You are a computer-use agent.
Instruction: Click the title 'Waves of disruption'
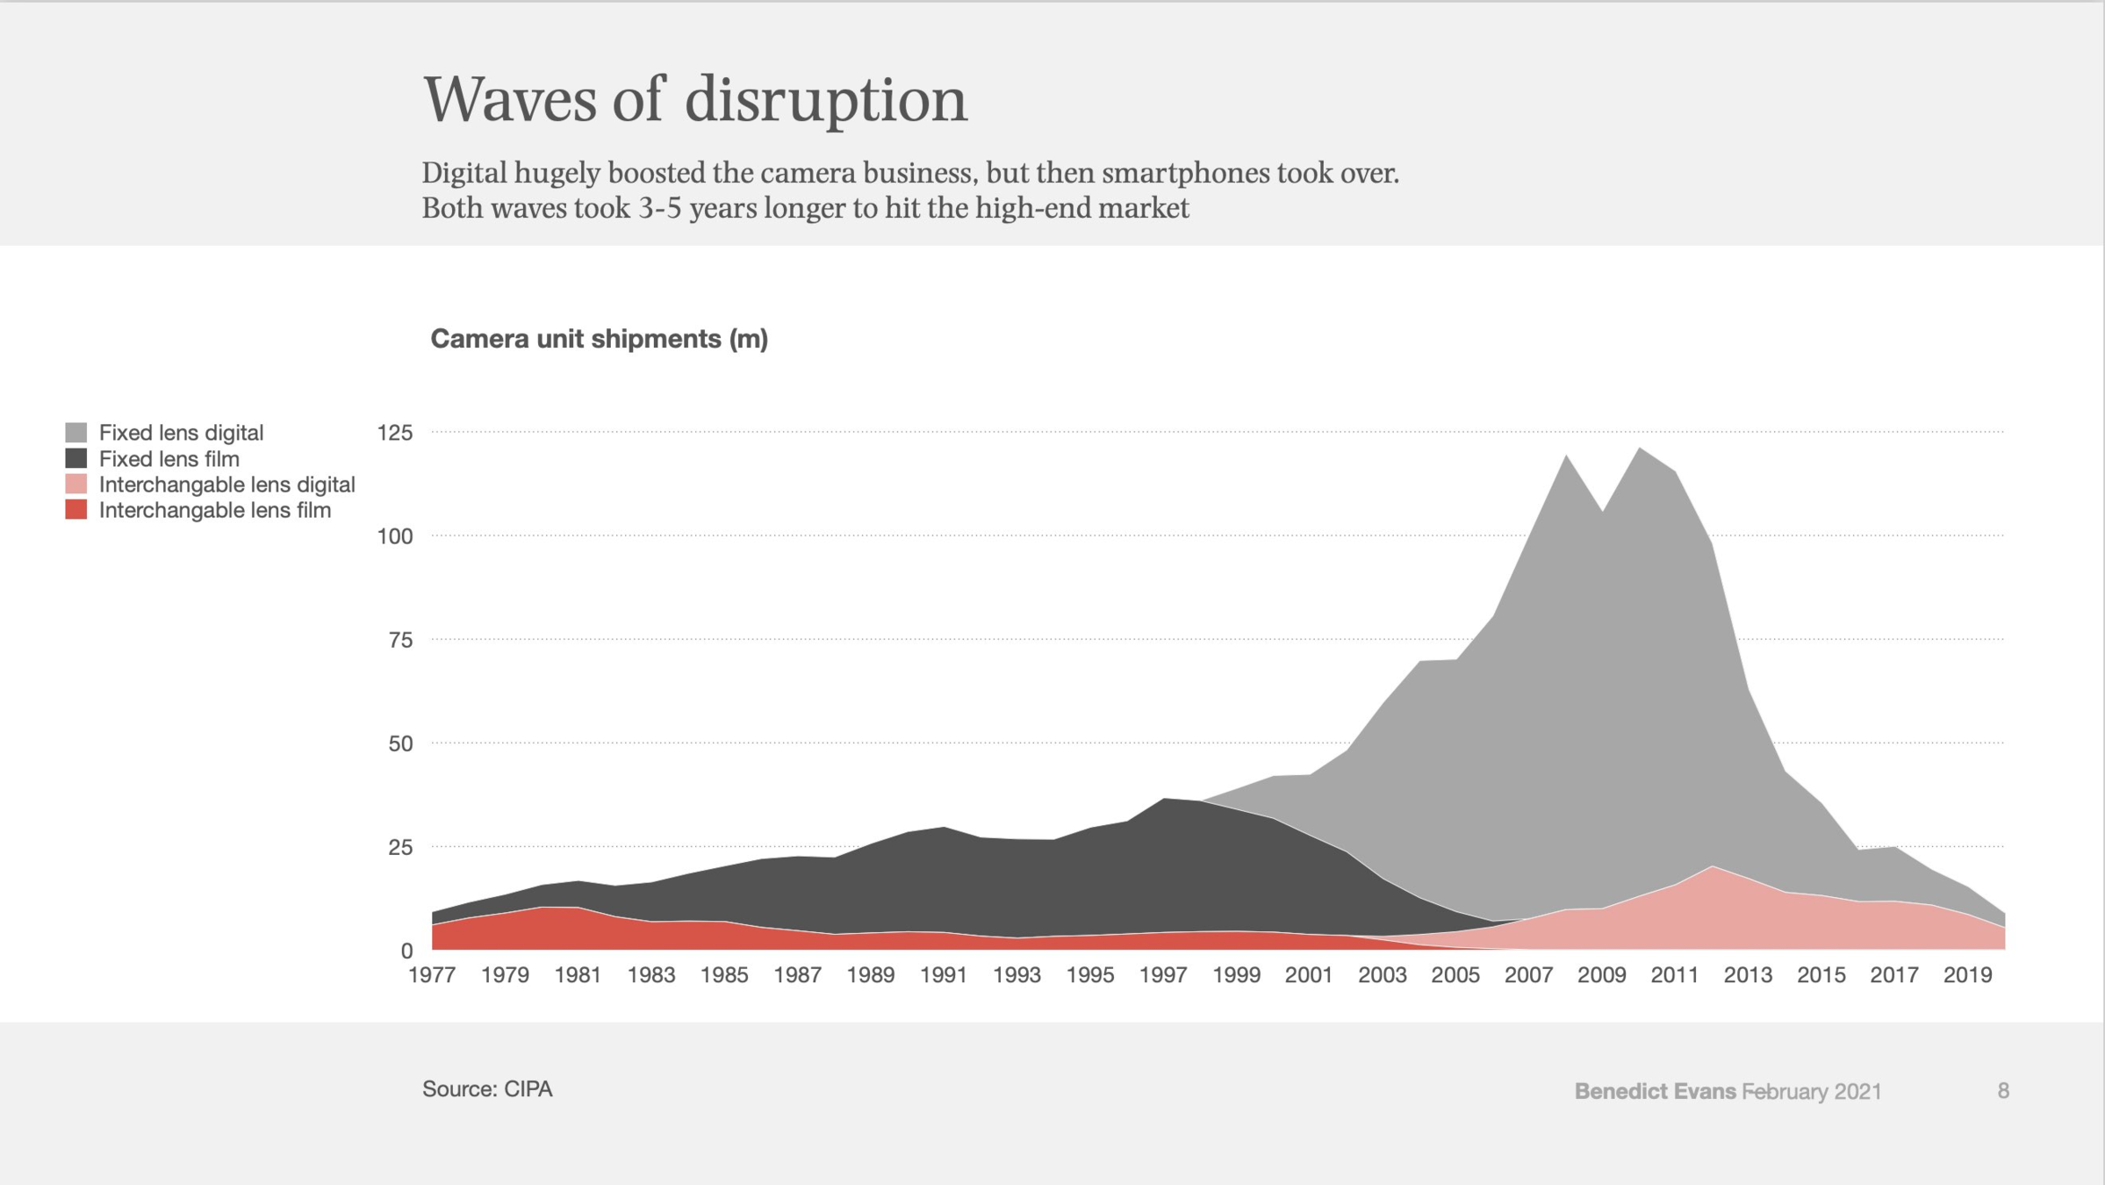(x=694, y=100)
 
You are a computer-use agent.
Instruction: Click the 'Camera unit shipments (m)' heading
(x=599, y=339)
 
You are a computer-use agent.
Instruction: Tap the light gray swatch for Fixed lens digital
(x=76, y=433)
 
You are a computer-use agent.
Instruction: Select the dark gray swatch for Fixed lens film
(x=76, y=458)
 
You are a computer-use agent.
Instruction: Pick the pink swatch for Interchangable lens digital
(x=76, y=485)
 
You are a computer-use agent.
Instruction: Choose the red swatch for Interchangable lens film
(x=76, y=510)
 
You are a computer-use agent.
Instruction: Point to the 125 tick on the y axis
(x=394, y=433)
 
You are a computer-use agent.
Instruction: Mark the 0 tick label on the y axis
(x=406, y=951)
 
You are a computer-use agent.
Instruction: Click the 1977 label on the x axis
(x=432, y=975)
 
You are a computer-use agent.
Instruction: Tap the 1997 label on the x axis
(x=1163, y=975)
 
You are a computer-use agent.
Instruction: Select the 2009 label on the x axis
(x=1602, y=975)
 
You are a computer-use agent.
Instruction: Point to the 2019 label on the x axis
(x=1967, y=975)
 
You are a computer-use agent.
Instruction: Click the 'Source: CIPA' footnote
(x=487, y=1089)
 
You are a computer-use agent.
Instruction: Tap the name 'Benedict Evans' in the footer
(x=1655, y=1091)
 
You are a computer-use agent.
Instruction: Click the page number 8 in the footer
(x=2003, y=1091)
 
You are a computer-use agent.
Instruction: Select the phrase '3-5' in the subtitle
(x=660, y=209)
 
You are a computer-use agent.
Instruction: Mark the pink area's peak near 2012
(x=1713, y=868)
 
